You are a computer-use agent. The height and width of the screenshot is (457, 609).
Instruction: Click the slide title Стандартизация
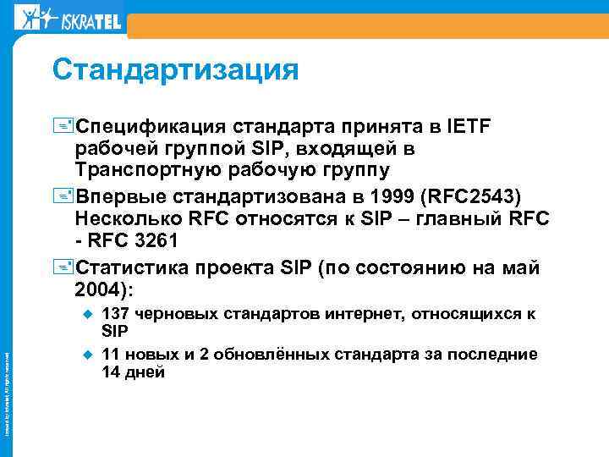point(175,69)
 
